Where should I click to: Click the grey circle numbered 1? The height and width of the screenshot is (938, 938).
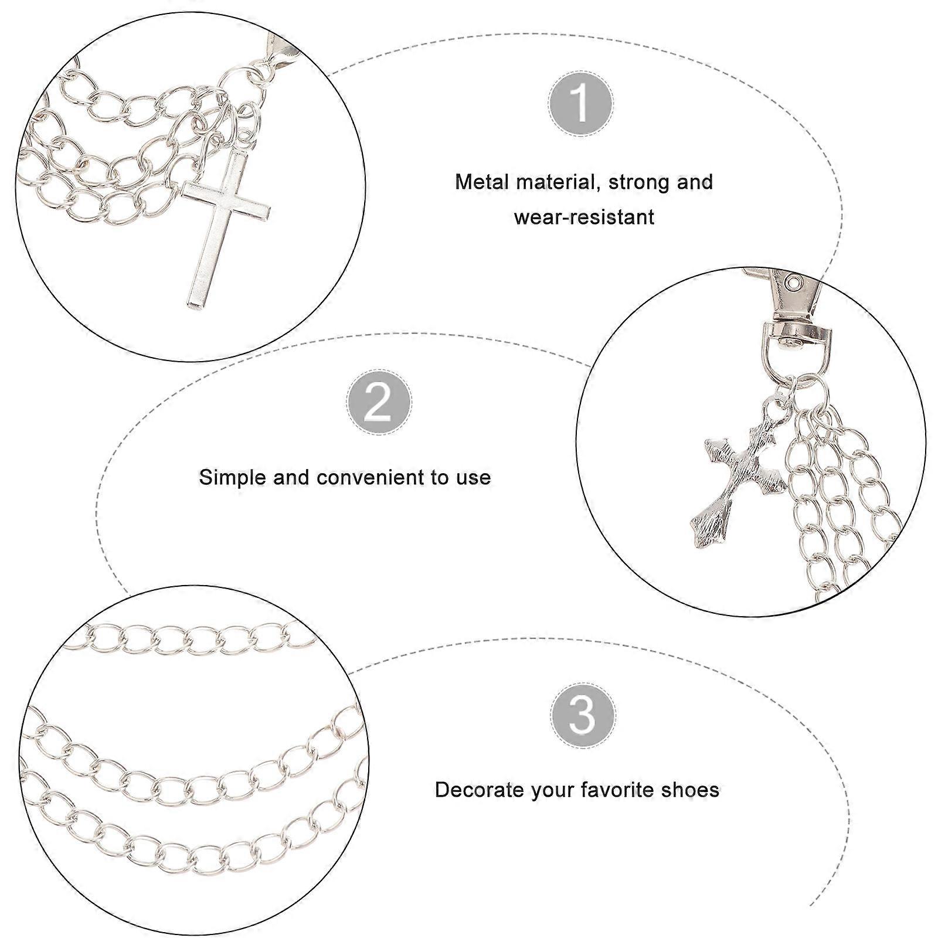pos(581,104)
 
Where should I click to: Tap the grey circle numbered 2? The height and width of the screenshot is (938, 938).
pos(379,402)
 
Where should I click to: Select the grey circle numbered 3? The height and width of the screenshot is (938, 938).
pos(583,715)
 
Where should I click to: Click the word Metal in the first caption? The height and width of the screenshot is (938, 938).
pos(482,182)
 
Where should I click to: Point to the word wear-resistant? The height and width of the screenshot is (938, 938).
pos(584,217)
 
